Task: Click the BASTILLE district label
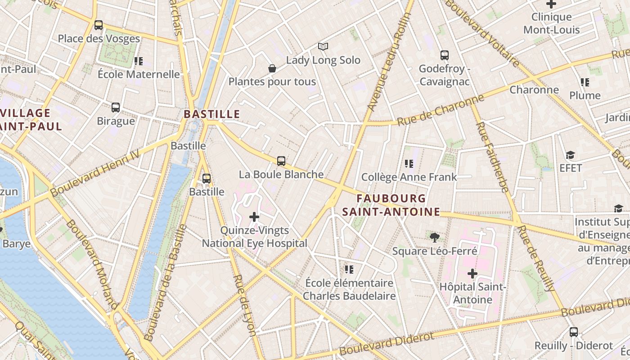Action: (211, 114)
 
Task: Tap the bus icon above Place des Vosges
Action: (99, 25)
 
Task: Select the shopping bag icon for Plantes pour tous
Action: (272, 68)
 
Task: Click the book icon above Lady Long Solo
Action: (323, 46)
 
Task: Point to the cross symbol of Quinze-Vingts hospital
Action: (254, 217)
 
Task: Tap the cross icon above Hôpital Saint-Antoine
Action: (472, 273)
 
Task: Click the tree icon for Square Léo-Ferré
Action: (434, 237)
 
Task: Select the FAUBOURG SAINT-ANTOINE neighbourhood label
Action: (391, 205)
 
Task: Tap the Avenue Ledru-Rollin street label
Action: (390, 62)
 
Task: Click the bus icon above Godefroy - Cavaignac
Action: (445, 55)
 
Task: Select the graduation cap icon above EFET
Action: (570, 155)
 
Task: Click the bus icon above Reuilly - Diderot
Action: (573, 332)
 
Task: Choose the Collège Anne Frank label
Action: (409, 177)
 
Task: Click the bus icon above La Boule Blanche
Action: (281, 161)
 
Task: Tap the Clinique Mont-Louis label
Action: (551, 23)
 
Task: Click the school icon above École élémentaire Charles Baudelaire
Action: (349, 270)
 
